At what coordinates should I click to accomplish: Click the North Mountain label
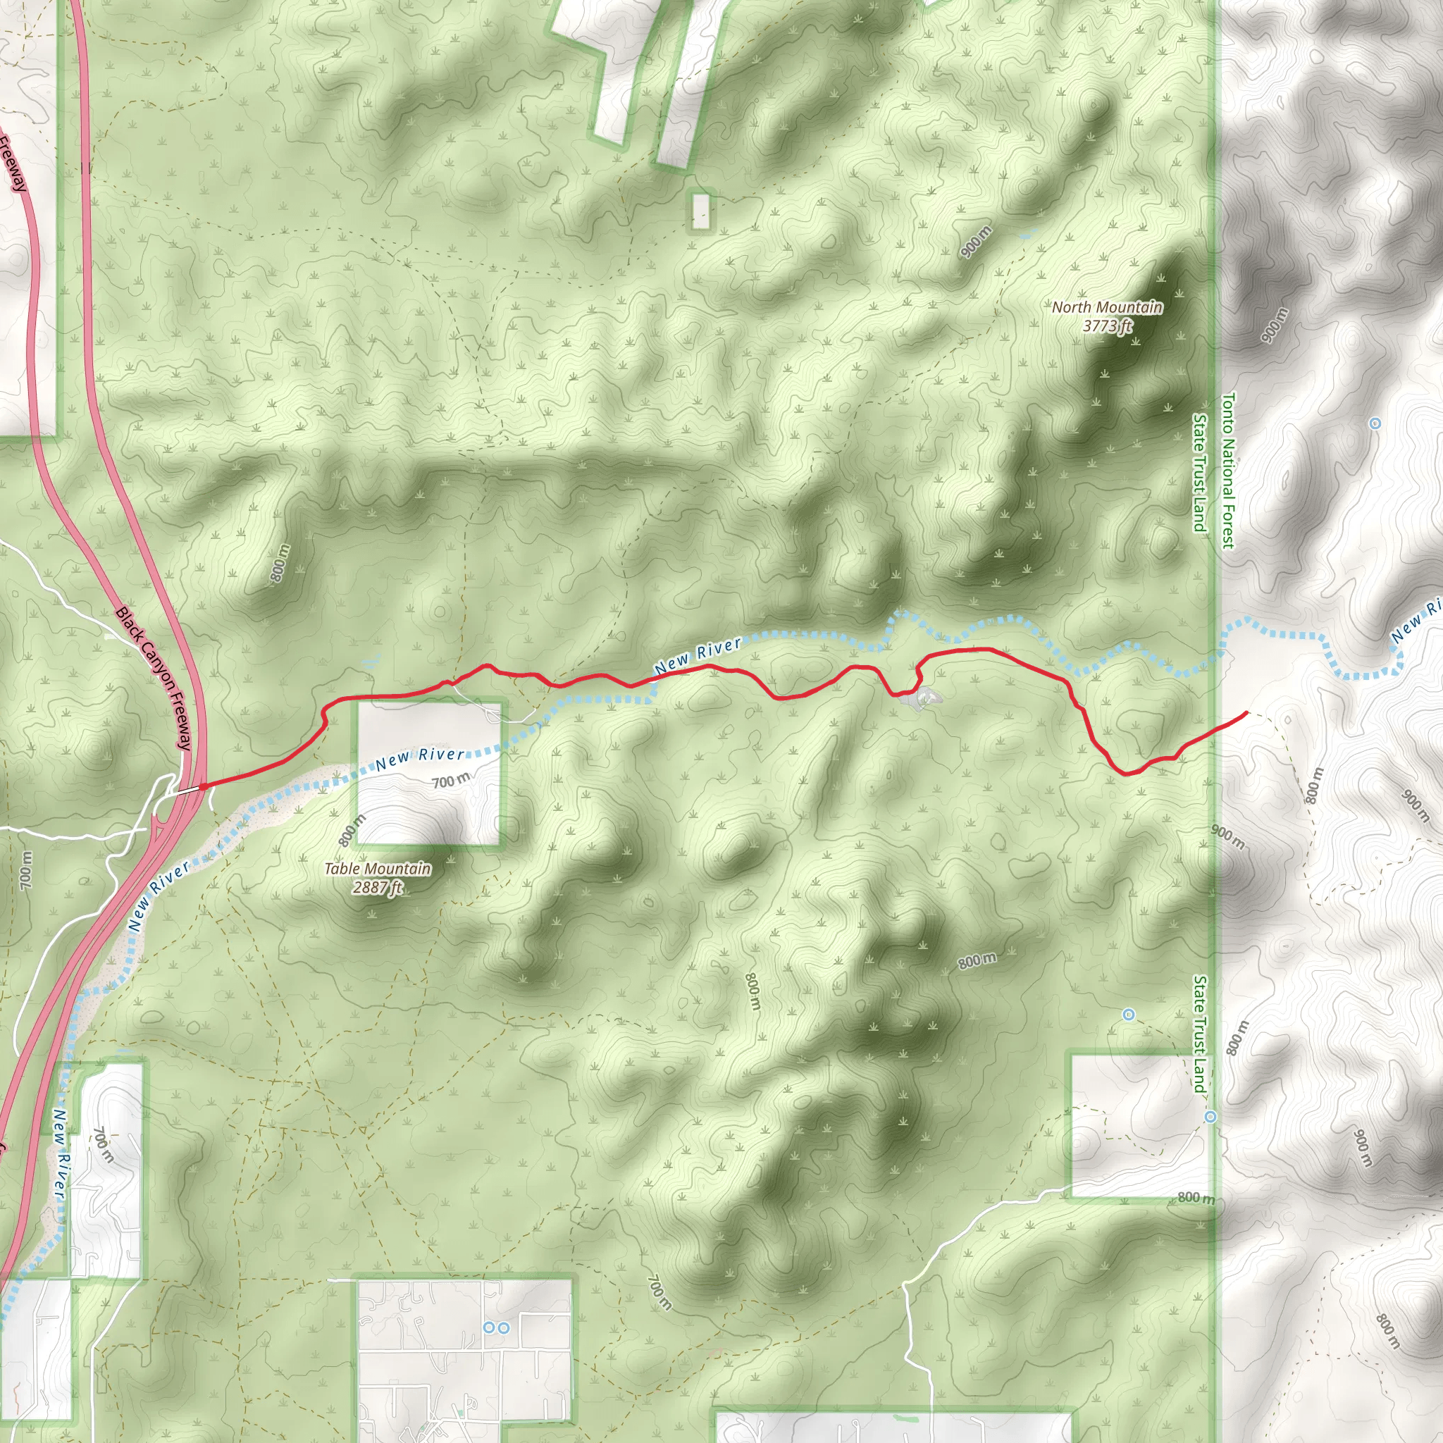click(1107, 307)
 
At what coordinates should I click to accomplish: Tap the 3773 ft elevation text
click(1107, 326)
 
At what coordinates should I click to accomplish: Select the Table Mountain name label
click(377, 869)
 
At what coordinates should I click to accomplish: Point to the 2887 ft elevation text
click(377, 887)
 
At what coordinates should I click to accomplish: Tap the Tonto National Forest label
click(1229, 471)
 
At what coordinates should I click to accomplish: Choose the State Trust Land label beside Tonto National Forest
click(1199, 473)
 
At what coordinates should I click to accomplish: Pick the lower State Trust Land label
click(1199, 1034)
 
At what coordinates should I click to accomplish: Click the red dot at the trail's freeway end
click(202, 786)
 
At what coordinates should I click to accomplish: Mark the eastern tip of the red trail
click(1246, 713)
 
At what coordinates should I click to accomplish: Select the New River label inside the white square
click(420, 758)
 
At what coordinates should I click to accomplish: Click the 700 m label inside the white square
click(451, 781)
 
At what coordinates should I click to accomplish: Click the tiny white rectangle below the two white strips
click(700, 211)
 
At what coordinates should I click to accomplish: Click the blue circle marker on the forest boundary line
click(1210, 1117)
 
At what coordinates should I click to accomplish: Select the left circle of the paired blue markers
click(489, 1327)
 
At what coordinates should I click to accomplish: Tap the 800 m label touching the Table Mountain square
click(352, 830)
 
